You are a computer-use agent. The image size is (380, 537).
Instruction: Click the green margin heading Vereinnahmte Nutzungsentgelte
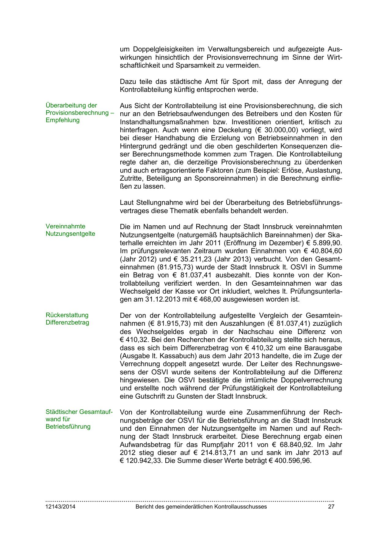pos(70,230)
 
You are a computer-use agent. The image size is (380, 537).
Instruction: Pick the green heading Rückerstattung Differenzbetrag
pos(67,319)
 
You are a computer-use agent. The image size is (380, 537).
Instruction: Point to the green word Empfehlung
pos(62,120)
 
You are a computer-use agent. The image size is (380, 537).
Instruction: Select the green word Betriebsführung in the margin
pos(68,426)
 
